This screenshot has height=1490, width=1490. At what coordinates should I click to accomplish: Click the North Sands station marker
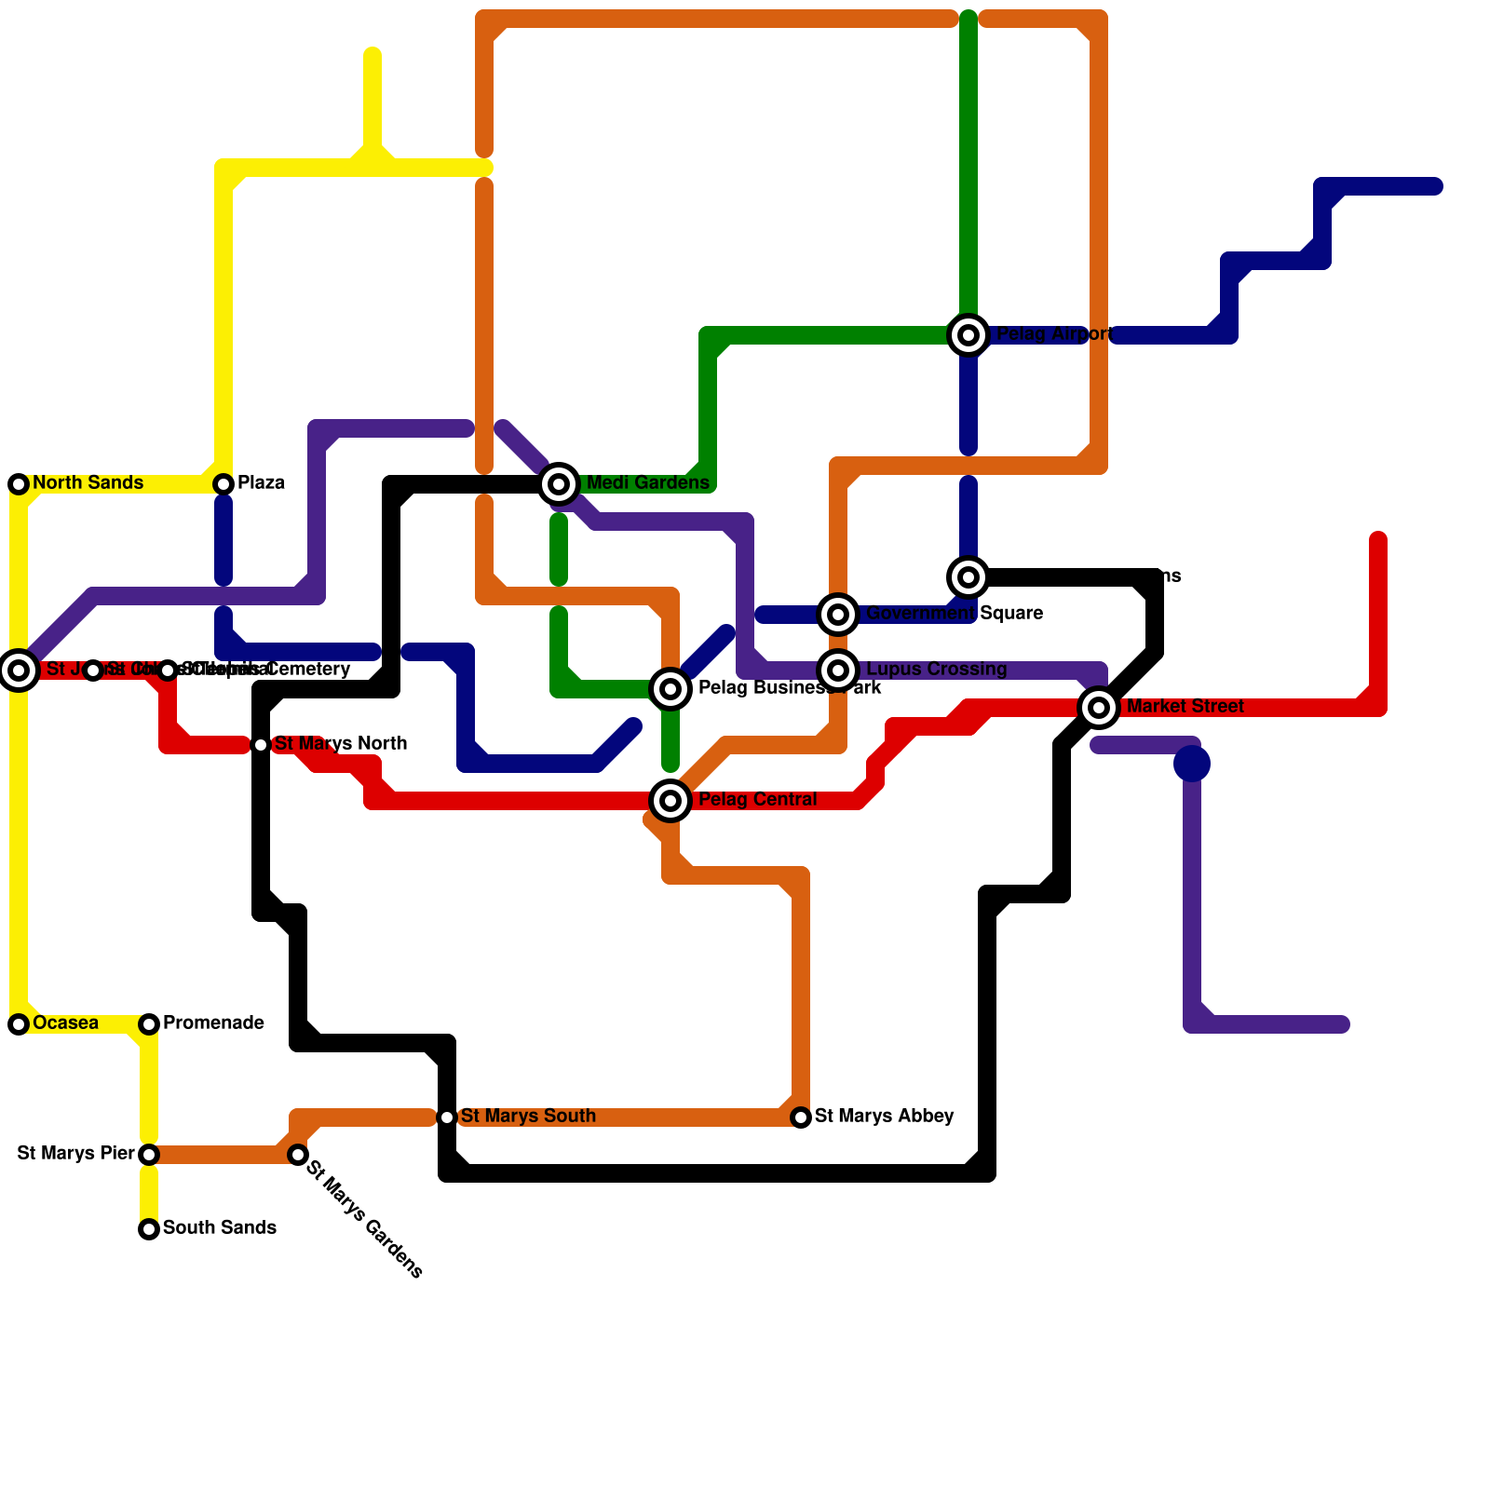[x=19, y=483]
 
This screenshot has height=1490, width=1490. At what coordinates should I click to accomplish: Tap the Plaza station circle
[x=223, y=483]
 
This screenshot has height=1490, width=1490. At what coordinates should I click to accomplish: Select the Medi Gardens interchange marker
[x=559, y=483]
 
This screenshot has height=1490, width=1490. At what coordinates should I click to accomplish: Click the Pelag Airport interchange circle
[x=968, y=334]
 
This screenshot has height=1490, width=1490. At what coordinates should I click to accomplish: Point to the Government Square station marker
[x=838, y=614]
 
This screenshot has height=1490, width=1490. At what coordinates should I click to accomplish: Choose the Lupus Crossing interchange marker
[x=838, y=670]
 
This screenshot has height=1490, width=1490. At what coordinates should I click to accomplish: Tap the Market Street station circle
[x=1099, y=707]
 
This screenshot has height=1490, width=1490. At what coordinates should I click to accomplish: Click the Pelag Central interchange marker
[x=670, y=800]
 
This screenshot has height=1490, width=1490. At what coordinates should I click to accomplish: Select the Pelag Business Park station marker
[x=670, y=689]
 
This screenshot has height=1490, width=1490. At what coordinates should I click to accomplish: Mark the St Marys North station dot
[x=261, y=745]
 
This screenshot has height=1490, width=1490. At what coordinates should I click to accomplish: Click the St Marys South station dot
[x=447, y=1117]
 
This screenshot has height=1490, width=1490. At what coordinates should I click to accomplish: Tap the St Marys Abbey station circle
[x=801, y=1117]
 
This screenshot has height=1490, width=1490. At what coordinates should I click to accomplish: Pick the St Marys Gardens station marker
[x=298, y=1155]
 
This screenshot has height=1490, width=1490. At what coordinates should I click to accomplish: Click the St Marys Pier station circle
[x=149, y=1155]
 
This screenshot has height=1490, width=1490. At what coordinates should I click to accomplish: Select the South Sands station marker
[x=149, y=1229]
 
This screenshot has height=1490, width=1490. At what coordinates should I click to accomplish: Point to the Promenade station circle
[x=149, y=1024]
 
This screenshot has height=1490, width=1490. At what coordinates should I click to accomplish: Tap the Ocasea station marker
[x=19, y=1024]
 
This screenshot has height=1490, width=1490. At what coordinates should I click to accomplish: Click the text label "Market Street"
[x=1185, y=707]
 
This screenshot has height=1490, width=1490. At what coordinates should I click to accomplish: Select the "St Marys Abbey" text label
[x=884, y=1116]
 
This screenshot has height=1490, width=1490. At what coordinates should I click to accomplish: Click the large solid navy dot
[x=1192, y=764]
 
